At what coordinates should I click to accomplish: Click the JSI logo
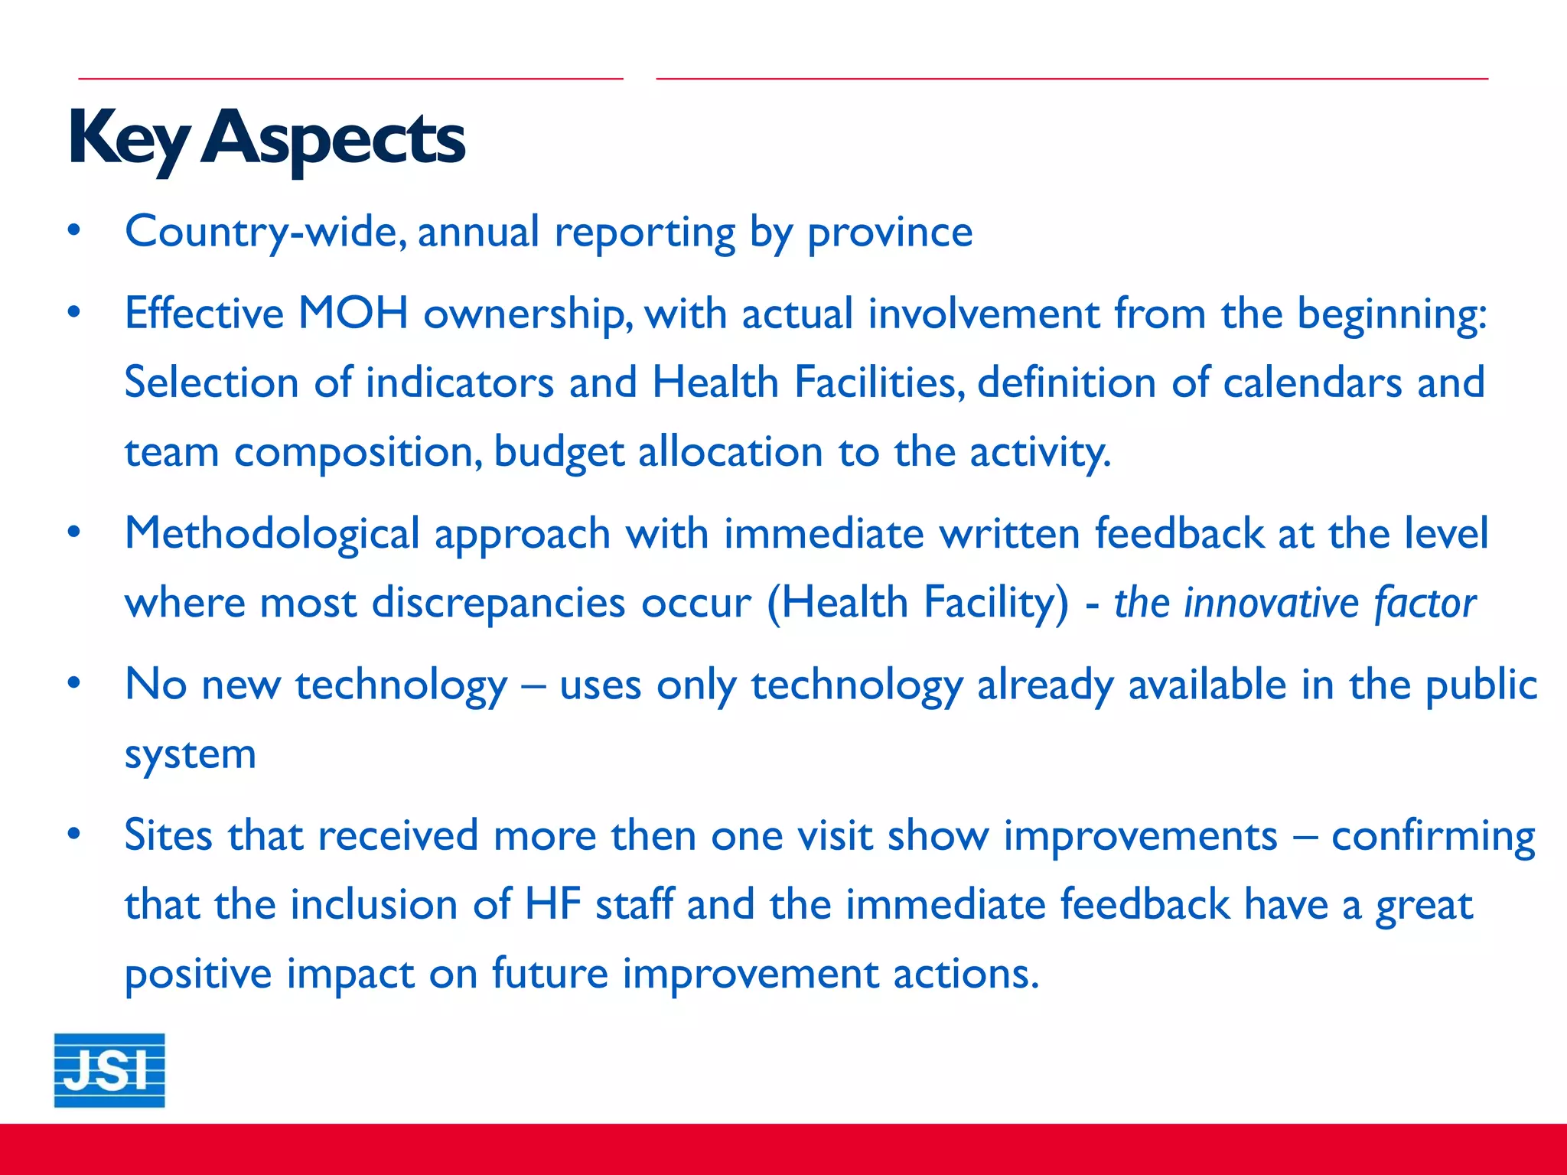coord(109,1069)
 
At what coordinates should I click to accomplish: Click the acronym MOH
coord(353,314)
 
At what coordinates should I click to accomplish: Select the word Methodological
coord(272,534)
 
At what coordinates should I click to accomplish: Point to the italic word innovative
coord(1271,604)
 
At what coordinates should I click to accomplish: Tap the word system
coord(190,755)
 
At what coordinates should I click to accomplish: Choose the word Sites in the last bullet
coord(168,835)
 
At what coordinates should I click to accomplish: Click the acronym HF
coord(552,904)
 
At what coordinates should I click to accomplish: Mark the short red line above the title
coord(350,78)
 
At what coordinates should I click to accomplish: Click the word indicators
coord(460,382)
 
